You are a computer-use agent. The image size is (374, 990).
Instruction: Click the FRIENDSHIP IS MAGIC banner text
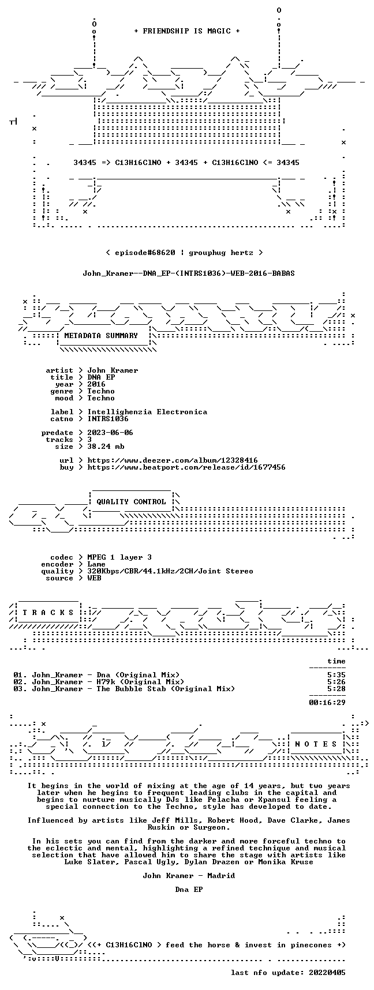coord(186,31)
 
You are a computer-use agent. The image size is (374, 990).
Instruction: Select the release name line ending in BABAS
coord(189,273)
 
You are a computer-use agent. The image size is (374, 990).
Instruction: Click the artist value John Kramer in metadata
coord(113,370)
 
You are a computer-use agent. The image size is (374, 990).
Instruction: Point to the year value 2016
coord(96,384)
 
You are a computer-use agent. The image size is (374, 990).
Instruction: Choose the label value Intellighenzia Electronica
coord(147,412)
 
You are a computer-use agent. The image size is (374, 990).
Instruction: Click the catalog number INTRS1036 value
coord(108,419)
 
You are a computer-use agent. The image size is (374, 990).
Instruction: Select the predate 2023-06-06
coord(110,433)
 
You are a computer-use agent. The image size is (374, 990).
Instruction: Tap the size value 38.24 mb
coord(106,447)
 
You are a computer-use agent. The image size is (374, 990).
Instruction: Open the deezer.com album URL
coord(173,460)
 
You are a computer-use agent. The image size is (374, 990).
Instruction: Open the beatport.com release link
coord(186,467)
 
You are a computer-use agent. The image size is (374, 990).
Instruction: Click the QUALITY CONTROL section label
coord(131,502)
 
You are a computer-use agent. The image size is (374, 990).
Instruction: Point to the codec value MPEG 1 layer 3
coord(119,557)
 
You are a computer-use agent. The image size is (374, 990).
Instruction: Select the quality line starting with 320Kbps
coord(170,571)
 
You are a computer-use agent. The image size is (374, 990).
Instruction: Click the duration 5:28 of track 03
coord(336,689)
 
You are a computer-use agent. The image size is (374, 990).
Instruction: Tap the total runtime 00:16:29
coord(327,703)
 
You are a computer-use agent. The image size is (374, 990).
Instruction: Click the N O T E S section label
coord(316,744)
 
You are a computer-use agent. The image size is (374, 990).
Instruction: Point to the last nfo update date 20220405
coord(327,973)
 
